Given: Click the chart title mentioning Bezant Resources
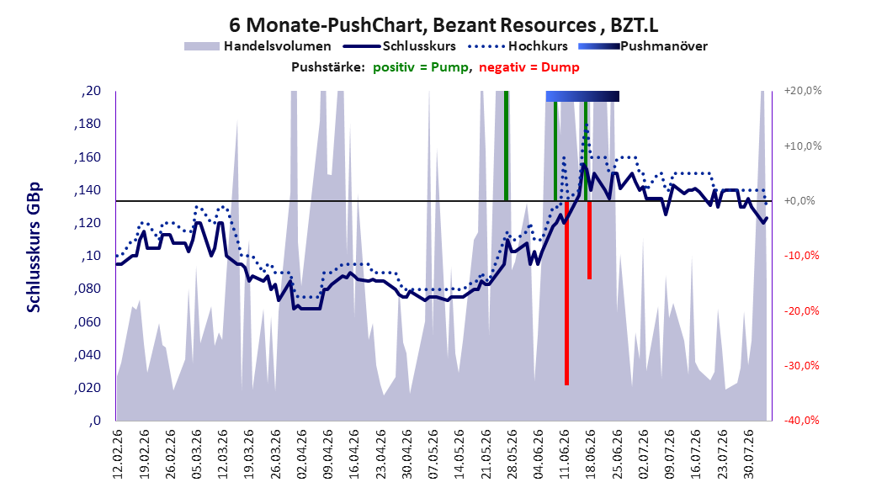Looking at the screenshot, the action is click(443, 25).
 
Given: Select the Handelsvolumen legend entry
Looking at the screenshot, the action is click(258, 46).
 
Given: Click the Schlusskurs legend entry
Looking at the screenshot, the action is click(400, 46).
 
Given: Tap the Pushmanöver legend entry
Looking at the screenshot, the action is click(643, 46).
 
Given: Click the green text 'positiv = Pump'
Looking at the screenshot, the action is click(421, 67).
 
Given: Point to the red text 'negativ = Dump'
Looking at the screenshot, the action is click(529, 67).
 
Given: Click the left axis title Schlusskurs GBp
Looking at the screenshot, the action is click(34, 247).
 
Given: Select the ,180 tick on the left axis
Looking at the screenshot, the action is click(88, 124).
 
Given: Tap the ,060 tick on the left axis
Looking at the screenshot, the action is click(88, 322).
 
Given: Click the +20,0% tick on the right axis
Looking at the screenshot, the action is click(803, 91).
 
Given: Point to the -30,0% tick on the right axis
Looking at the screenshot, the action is click(801, 366).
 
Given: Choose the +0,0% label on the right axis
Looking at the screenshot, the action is click(799, 201).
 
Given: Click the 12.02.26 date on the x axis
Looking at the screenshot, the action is click(118, 454).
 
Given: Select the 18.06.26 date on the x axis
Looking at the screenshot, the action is click(590, 454).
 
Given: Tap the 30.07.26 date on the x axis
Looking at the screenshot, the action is click(748, 454).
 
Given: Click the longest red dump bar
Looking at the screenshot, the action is click(566, 293).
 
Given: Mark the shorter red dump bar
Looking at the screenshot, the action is click(589, 240).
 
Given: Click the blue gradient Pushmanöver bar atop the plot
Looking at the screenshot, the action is click(582, 96).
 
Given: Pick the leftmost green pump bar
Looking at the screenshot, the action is click(507, 146).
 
